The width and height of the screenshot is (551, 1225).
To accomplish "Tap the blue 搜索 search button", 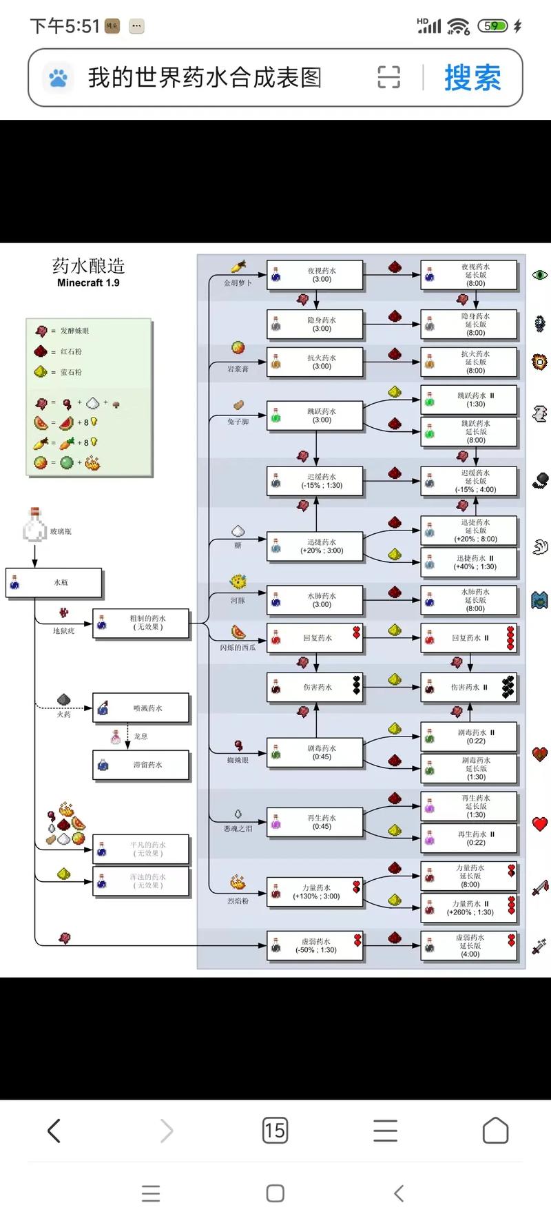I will [472, 77].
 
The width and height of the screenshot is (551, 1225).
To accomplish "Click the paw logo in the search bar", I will [59, 77].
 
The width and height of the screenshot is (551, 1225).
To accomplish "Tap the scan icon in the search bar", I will [388, 77].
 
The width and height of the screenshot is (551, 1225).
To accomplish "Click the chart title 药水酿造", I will [88, 266].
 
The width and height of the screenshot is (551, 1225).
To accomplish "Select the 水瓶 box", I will [54, 583].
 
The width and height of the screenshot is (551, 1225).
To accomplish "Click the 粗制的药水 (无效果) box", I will [141, 623].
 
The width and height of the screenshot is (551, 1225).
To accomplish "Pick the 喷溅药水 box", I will [141, 708].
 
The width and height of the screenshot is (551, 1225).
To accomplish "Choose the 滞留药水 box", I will [141, 765].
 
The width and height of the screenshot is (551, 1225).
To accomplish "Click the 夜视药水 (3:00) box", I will [315, 275].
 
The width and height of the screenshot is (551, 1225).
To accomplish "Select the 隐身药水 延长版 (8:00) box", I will [469, 325].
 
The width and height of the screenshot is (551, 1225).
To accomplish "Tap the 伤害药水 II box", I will [469, 687].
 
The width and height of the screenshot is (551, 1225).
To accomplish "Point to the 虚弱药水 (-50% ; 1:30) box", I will [315, 945].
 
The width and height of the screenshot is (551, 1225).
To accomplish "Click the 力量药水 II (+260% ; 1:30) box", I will [469, 908].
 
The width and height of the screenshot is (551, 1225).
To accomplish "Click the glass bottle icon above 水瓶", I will [34, 525].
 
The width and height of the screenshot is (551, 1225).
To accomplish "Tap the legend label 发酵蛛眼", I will [74, 331].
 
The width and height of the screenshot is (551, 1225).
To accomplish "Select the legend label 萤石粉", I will [71, 372].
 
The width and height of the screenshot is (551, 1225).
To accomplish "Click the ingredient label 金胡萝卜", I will [238, 282].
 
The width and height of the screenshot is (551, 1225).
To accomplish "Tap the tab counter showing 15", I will [275, 1131].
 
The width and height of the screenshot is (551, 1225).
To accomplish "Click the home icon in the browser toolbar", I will [495, 1131].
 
